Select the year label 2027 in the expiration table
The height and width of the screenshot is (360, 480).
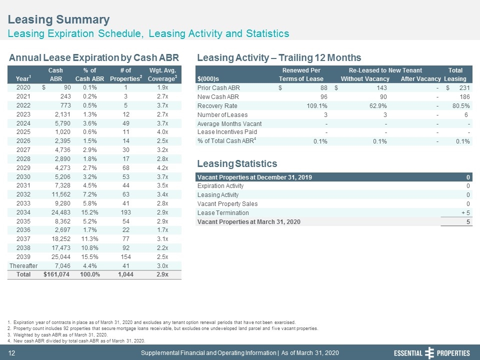pyautogui.click(x=23, y=149)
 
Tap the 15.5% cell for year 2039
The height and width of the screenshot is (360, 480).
pyautogui.click(x=89, y=257)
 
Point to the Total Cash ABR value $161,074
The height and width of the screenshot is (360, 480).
pyautogui.click(x=56, y=274)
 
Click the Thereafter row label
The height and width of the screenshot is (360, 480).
pyautogui.click(x=23, y=265)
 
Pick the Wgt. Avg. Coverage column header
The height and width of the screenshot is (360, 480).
pyautogui.click(x=162, y=74)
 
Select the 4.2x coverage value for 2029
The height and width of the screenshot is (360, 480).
pyautogui.click(x=162, y=168)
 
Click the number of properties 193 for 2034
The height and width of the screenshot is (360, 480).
pyautogui.click(x=126, y=212)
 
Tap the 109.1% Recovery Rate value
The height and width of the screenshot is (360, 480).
pyautogui.click(x=317, y=106)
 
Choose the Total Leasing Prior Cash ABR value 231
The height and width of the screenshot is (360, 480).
pyautogui.click(x=464, y=88)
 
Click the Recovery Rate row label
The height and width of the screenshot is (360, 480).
pyautogui.click(x=217, y=106)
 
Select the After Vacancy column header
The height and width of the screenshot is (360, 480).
pyautogui.click(x=420, y=79)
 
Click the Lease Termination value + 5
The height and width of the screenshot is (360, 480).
pyautogui.click(x=465, y=213)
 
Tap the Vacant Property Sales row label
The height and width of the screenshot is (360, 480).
pyautogui.click(x=227, y=204)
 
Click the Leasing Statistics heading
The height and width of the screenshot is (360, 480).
pyautogui.click(x=237, y=163)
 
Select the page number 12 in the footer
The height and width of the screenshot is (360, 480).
pyautogui.click(x=11, y=353)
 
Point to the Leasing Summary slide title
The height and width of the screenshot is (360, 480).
pyautogui.click(x=59, y=19)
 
